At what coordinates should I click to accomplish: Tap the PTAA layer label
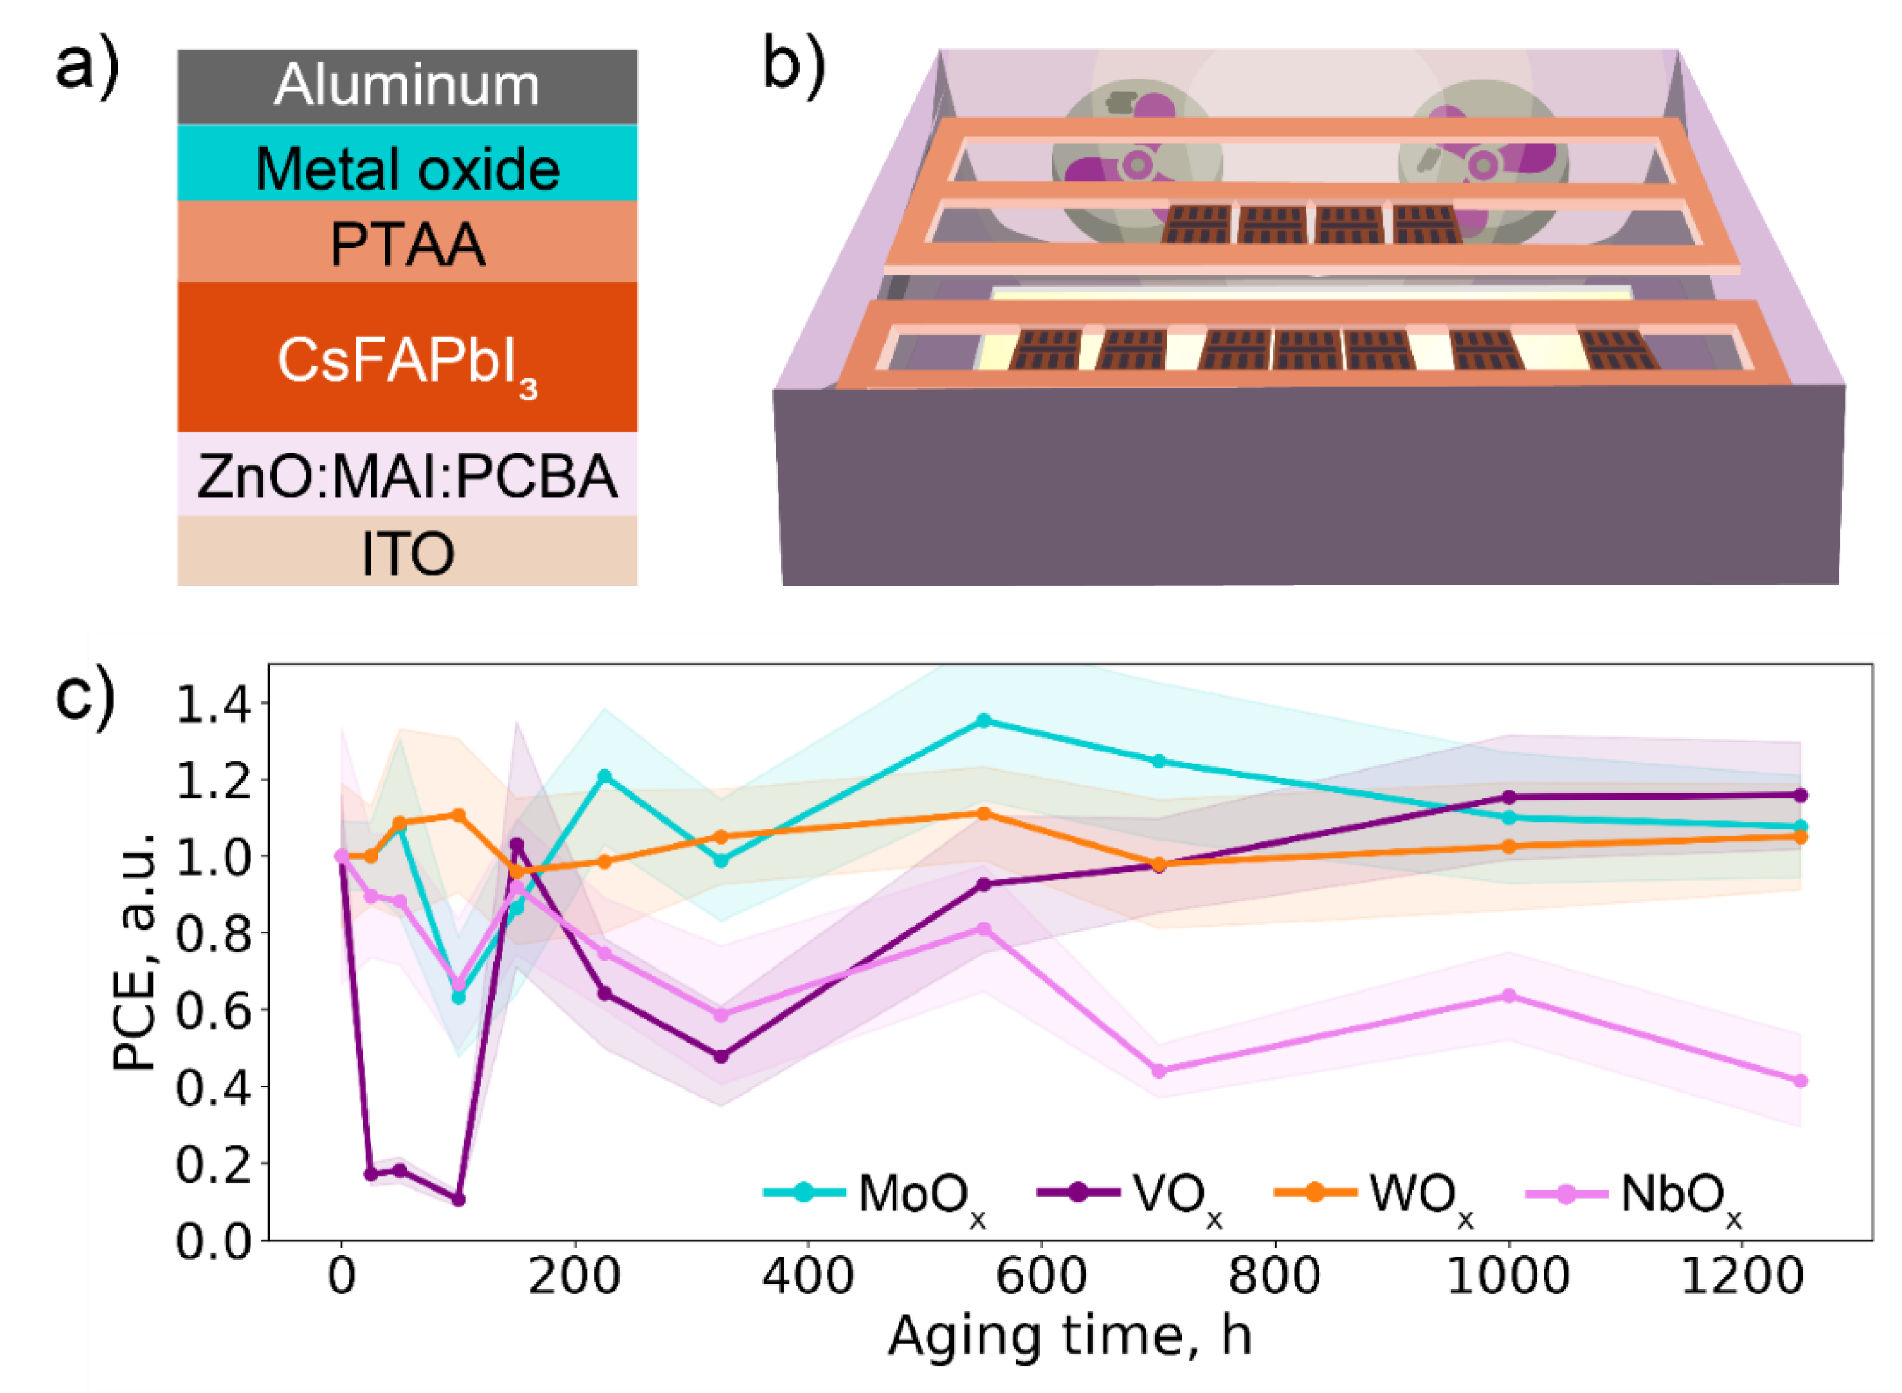pos(407,245)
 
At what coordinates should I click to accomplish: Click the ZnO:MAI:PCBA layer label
pos(407,476)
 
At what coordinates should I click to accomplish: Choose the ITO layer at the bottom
pos(407,554)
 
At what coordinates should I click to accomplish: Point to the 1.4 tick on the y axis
pos(213,704)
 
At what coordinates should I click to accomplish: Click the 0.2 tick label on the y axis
pos(213,1164)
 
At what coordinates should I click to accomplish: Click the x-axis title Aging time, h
pos(1069,1337)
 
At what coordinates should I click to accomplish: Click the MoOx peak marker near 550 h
pos(983,720)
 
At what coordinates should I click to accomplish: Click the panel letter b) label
pos(793,67)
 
